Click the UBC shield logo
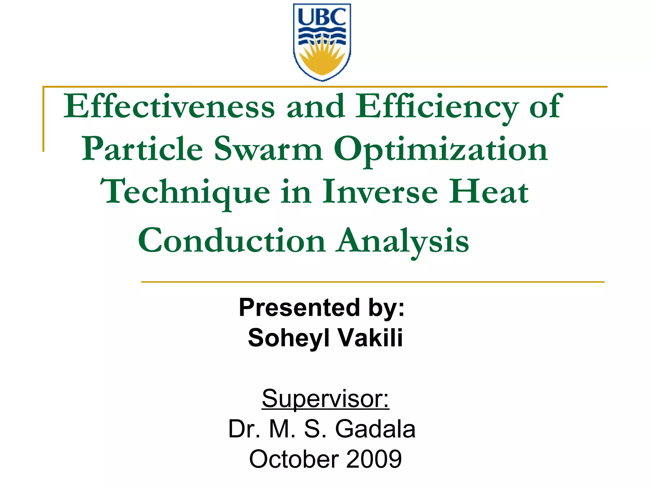[322, 42]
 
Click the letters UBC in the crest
[322, 17]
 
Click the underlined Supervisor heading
[325, 398]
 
